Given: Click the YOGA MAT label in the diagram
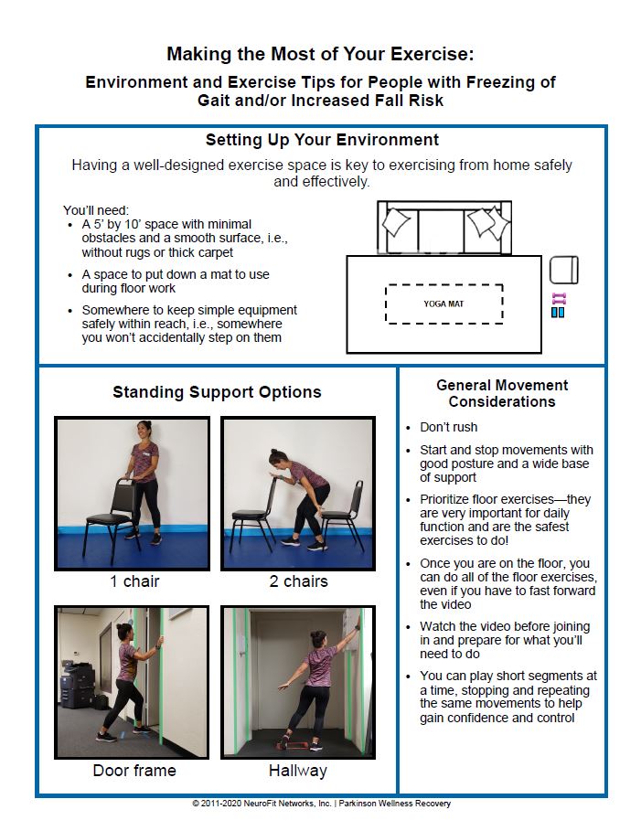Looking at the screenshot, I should click(x=443, y=304).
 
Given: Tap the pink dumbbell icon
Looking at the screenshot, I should click(x=559, y=298).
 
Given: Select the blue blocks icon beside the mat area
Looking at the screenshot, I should click(x=558, y=313).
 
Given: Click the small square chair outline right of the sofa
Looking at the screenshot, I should click(x=563, y=270).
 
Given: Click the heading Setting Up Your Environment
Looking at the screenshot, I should click(x=322, y=140).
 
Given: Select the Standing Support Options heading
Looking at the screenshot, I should click(x=217, y=392).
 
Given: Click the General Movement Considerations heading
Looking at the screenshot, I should click(x=502, y=393).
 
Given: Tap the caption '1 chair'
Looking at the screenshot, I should click(x=134, y=581).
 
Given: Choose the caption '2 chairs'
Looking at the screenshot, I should click(x=298, y=581).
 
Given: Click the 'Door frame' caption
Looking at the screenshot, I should click(x=134, y=771).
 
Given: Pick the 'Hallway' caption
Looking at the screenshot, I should click(x=297, y=771).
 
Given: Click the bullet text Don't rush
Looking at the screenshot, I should click(x=448, y=427).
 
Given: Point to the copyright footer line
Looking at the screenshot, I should click(x=321, y=804).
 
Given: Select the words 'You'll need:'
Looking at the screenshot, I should click(x=96, y=209).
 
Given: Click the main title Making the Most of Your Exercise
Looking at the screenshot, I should click(x=320, y=54).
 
